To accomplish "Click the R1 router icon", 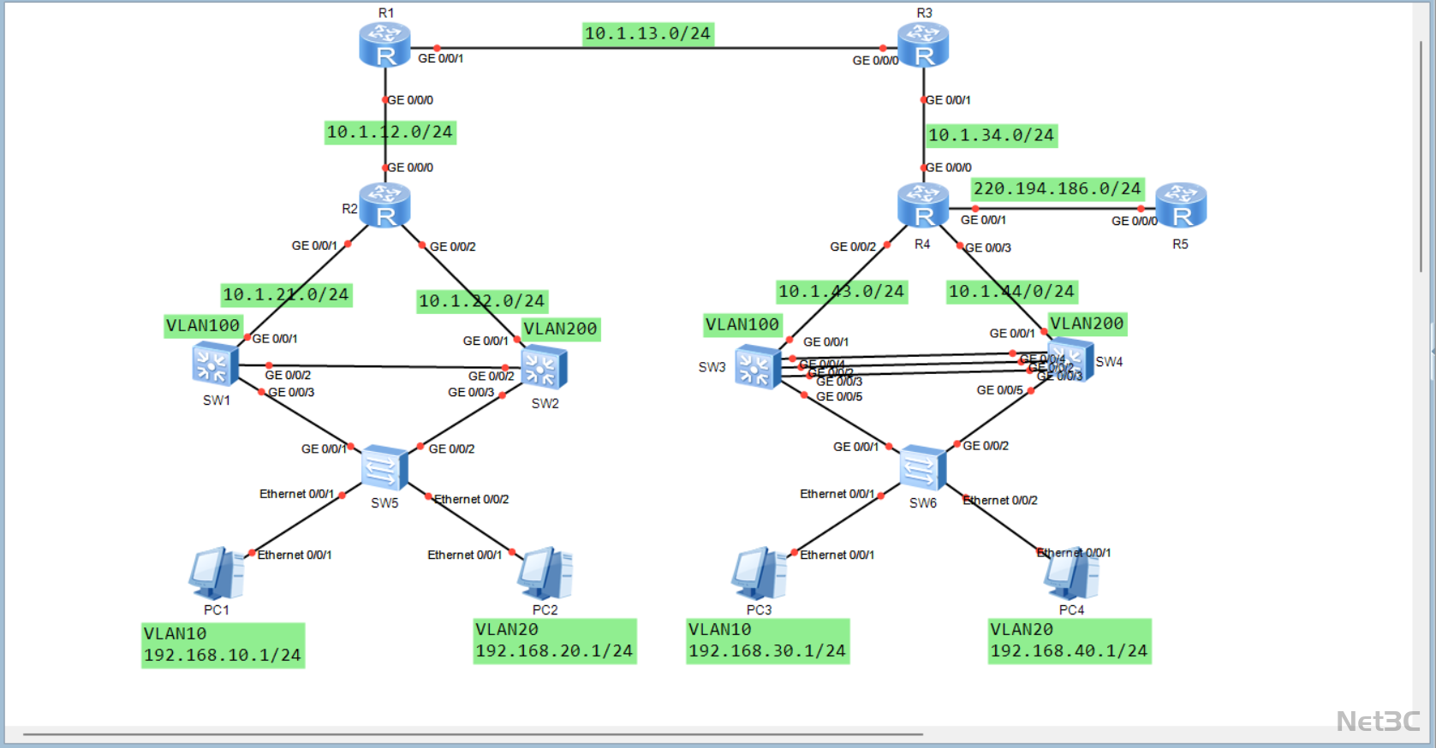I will [x=384, y=45].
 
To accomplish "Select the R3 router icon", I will [x=923, y=45].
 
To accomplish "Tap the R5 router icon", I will [x=1181, y=205].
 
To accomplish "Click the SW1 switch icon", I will [x=215, y=365].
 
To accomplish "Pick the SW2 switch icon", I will [x=544, y=368].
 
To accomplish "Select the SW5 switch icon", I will [x=384, y=467].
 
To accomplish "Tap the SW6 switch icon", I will [x=922, y=467].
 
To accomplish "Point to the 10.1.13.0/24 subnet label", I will [x=647, y=33].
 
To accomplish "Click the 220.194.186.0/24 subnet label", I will [x=1057, y=188].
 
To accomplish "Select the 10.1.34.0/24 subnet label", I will [x=991, y=135].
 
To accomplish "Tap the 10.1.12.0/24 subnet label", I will [x=390, y=132].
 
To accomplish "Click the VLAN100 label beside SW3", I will [x=742, y=324].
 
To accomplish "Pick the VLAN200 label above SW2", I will [x=560, y=329].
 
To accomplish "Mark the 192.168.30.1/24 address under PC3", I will [x=767, y=651].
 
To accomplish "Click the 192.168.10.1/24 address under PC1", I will [x=223, y=656].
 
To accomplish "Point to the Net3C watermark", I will [x=1378, y=721].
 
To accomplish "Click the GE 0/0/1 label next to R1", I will [x=441, y=58].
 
